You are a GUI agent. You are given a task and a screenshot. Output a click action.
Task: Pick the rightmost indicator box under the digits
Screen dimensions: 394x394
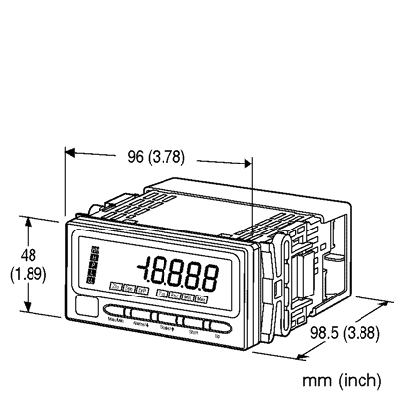[201, 295]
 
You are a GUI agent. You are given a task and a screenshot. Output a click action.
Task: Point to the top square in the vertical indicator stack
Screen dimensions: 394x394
[94, 252]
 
